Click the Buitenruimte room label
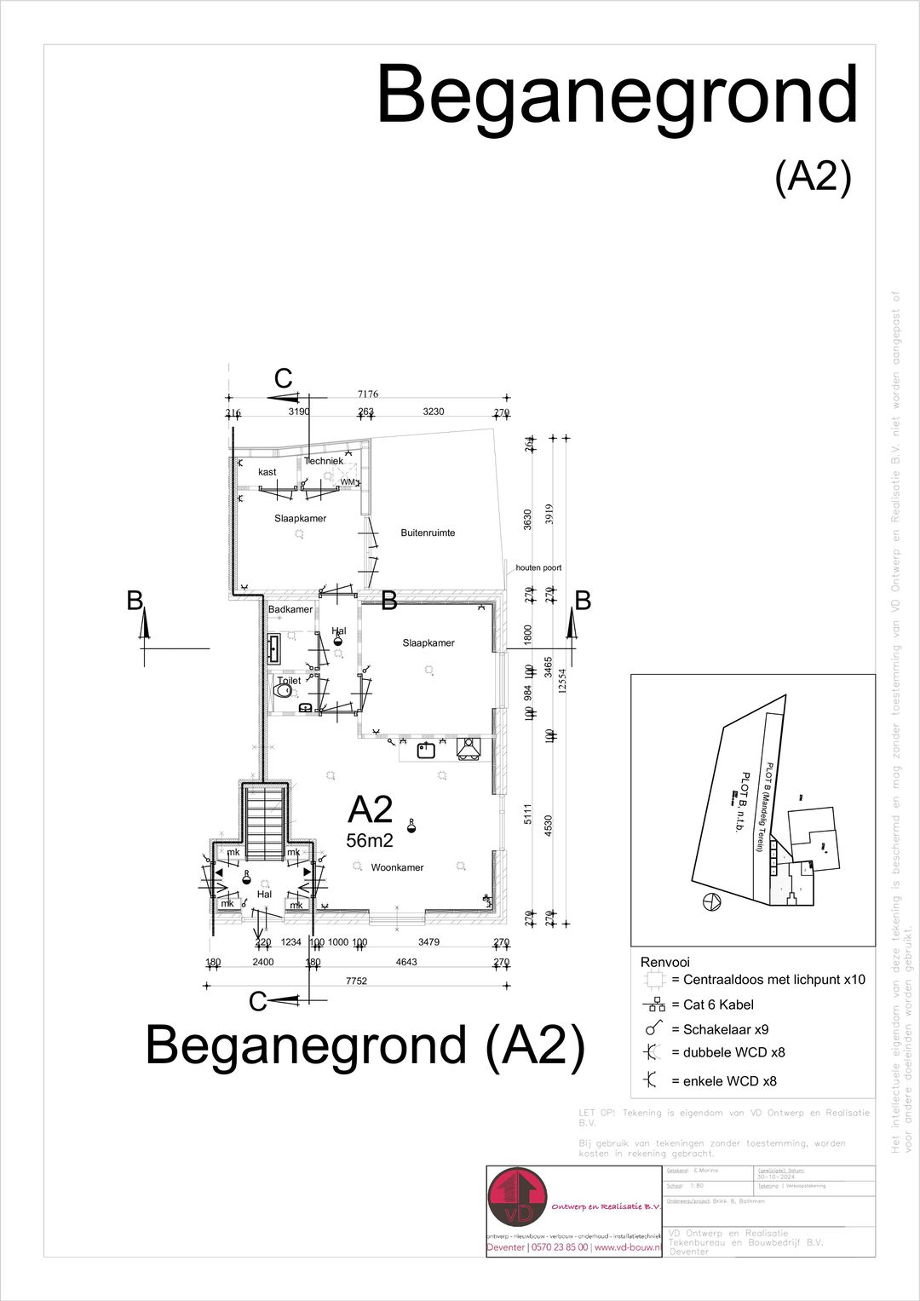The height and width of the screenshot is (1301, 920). tap(428, 533)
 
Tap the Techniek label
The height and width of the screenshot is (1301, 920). tap(324, 461)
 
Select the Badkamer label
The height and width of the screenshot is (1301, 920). tap(290, 610)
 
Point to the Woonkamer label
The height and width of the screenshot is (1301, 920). tap(397, 867)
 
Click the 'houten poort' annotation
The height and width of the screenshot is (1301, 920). tap(538, 567)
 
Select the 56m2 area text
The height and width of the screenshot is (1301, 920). tap(370, 841)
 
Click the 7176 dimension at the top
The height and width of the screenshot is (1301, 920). tap(368, 394)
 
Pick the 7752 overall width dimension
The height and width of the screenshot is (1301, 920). tap(356, 981)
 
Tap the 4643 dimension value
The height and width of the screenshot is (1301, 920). tap(407, 962)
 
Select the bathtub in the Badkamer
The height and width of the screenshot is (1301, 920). tap(274, 648)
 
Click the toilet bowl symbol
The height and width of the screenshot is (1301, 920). tap(285, 694)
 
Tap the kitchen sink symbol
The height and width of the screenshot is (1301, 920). tap(427, 750)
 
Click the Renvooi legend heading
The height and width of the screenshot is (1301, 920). tap(664, 962)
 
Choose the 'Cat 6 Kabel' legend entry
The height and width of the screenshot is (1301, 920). tap(712, 1005)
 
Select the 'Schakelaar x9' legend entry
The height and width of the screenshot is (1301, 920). tap(719, 1029)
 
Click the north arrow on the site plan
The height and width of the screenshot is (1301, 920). tap(711, 901)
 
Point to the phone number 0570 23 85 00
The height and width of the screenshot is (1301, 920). tap(559, 1247)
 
